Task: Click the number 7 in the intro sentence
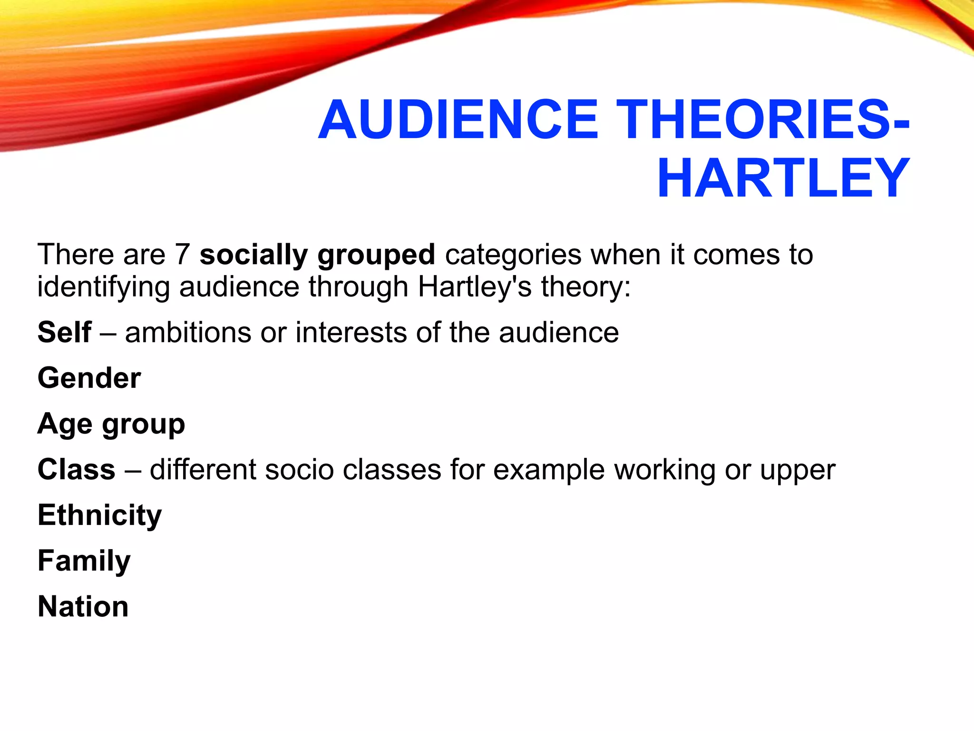click(x=182, y=255)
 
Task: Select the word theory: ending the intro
click(x=585, y=287)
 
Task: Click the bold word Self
click(x=64, y=332)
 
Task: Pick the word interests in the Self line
click(x=351, y=332)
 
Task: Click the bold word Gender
click(x=89, y=378)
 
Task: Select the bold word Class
click(x=77, y=470)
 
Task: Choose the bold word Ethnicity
click(x=100, y=515)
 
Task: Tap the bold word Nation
click(x=83, y=607)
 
